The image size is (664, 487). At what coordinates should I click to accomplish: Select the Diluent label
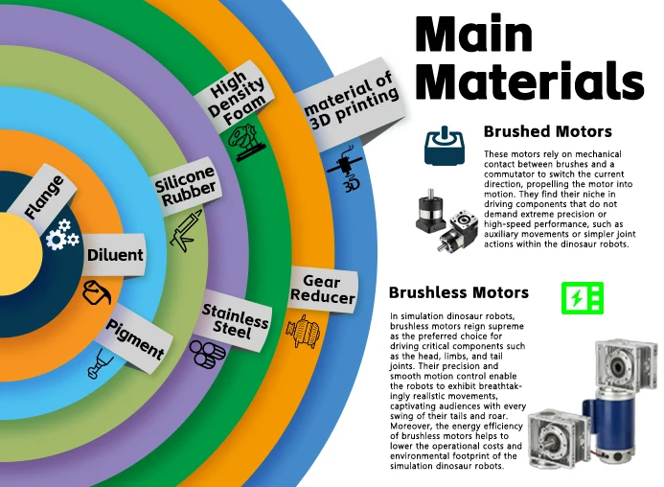[x=114, y=256]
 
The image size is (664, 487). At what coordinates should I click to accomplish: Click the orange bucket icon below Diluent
[x=97, y=290]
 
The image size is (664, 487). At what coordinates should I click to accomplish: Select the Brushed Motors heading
[x=547, y=131]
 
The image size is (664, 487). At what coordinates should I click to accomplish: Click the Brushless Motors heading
[x=458, y=292]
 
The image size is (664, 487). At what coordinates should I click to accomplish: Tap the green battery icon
[x=582, y=298]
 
